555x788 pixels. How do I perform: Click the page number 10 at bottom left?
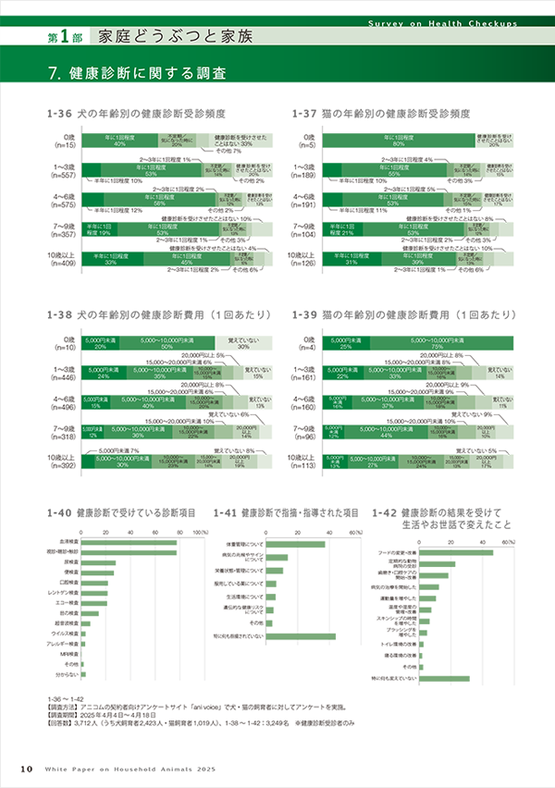pyautogui.click(x=27, y=769)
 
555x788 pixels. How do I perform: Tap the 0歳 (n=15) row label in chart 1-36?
pyautogui.click(x=65, y=142)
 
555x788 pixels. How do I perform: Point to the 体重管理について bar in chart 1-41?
pyautogui.click(x=294, y=544)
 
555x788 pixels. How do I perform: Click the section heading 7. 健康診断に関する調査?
pyautogui.click(x=142, y=72)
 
